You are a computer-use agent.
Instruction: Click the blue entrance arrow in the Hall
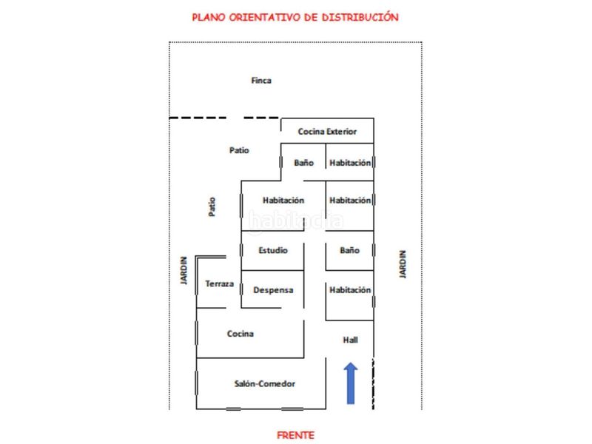pos(351,383)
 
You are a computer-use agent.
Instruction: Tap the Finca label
pos(261,81)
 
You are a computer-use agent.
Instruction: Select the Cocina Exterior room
pos(327,131)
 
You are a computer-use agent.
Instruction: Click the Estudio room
pos(272,250)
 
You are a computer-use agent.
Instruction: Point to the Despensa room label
pos(273,290)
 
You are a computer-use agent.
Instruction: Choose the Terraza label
pos(219,283)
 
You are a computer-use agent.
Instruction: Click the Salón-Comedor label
pos(265,383)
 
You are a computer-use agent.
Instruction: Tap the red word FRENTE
pos(295,435)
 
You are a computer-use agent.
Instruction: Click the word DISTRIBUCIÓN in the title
pos(360,17)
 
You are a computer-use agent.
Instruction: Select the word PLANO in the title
pos(209,17)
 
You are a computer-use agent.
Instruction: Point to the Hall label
pos(350,340)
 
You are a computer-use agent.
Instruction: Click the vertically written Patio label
pos(212,206)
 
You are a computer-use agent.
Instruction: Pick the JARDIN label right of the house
pos(403,264)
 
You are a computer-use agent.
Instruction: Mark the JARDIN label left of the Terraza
pos(184,270)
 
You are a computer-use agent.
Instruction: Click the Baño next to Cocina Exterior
pos(303,162)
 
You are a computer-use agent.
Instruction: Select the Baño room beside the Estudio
pos(349,250)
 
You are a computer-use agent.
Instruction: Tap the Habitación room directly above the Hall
pos(349,295)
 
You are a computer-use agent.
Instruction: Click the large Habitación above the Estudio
pos(283,206)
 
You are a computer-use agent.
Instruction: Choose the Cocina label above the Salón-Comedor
pos(240,334)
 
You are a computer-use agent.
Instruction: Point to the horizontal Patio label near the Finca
pos(239,150)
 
